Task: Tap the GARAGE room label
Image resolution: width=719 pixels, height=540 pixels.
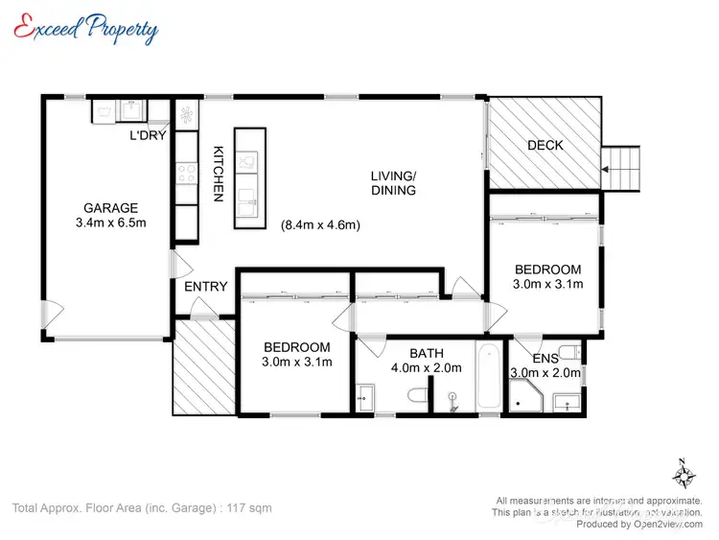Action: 110,208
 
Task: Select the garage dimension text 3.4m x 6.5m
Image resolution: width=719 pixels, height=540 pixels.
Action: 110,223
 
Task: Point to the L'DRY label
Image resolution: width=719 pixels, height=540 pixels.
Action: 149,135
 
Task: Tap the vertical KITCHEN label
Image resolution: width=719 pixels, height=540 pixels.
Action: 218,174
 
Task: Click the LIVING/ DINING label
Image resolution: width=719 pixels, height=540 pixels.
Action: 394,183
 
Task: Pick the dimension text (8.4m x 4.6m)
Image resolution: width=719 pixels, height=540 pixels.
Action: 320,226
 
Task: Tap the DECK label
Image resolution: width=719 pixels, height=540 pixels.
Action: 545,146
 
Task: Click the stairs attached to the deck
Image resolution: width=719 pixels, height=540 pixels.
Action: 620,169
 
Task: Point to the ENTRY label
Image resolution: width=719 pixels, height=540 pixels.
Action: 205,286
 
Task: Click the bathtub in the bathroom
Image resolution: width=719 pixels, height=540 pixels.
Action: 488,375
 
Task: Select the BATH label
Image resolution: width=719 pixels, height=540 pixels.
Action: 426,353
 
